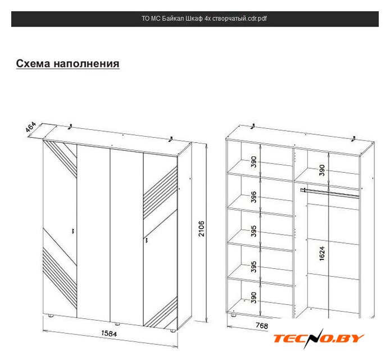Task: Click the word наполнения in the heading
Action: tap(87, 64)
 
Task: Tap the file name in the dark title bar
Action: tap(204, 19)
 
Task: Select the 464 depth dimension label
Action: tap(31, 127)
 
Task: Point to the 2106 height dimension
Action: tap(201, 228)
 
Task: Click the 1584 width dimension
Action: tap(109, 334)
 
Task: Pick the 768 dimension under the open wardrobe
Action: tap(262, 325)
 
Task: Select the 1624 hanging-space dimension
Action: tap(322, 254)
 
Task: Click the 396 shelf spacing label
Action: tap(253, 197)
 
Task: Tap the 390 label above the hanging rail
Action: tap(322, 170)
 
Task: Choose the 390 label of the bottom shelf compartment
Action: tap(253, 298)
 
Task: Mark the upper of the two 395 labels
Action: tap(253, 231)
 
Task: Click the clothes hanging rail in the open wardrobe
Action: tap(329, 193)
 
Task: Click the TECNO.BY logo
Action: tap(319, 338)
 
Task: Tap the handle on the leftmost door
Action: tap(73, 231)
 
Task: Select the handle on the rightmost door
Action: tap(147, 241)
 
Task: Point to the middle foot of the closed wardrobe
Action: tap(116, 324)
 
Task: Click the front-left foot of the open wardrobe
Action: tap(233, 315)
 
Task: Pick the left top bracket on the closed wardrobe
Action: tap(70, 127)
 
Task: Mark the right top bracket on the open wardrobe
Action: tap(353, 139)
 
